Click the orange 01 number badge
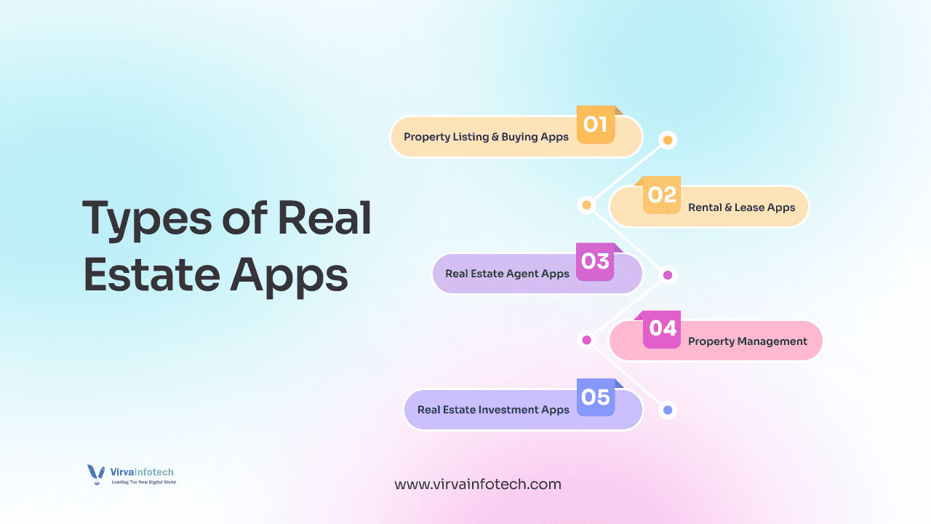click(596, 125)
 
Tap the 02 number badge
click(662, 195)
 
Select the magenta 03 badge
click(596, 262)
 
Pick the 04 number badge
click(662, 329)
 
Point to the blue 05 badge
click(596, 397)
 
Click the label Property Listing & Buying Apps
click(486, 137)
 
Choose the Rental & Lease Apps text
click(741, 207)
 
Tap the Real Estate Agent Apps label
click(507, 274)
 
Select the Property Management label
click(747, 341)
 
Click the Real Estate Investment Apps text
click(493, 410)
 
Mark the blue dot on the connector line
click(668, 410)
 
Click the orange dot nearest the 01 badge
click(668, 140)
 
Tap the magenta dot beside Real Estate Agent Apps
click(668, 275)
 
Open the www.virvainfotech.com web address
click(478, 484)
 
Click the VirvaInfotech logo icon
click(96, 475)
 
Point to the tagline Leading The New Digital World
click(143, 483)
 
